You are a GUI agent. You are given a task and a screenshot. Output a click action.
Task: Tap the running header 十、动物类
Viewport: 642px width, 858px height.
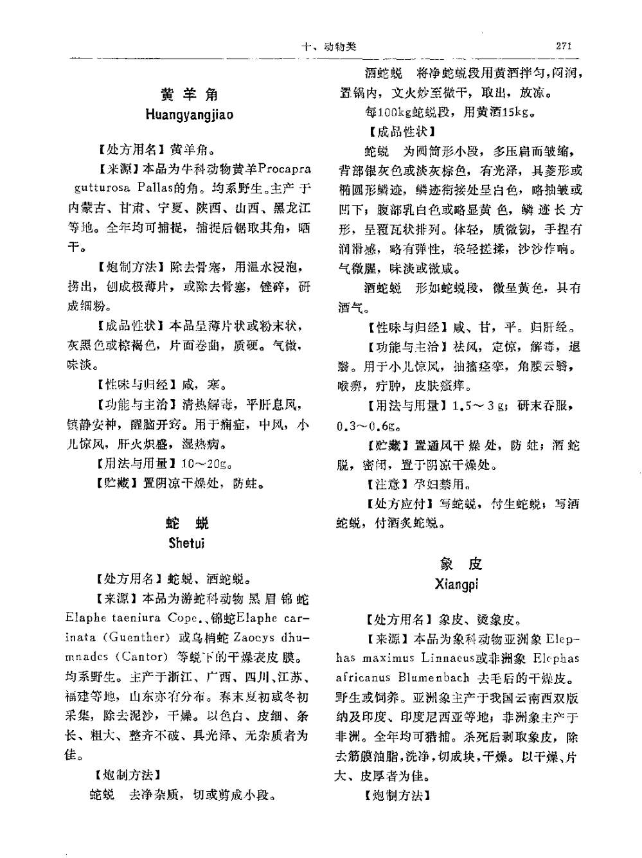tap(329, 47)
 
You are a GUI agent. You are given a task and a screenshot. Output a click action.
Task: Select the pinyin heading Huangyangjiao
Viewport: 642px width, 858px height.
tap(189, 116)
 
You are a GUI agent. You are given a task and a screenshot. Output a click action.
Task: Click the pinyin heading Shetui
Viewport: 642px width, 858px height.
tap(186, 543)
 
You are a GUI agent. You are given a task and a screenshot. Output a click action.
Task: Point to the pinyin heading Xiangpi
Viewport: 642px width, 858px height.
tap(456, 585)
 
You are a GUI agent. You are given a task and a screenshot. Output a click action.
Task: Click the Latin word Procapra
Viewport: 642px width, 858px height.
tap(284, 169)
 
